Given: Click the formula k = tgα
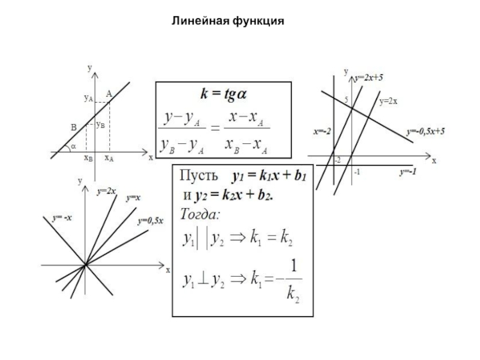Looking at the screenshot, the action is [224, 94].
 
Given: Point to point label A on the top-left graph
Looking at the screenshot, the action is [109, 93].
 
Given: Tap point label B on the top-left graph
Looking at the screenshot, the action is [73, 127].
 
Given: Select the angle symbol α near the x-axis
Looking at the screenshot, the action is [73, 146].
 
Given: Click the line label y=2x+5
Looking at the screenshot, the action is [368, 77].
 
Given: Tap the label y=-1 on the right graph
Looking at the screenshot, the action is [408, 172].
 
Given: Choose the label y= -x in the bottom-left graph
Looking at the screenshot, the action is [62, 218].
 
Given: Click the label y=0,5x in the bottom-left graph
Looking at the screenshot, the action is [151, 221].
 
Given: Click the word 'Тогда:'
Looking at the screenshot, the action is [200, 214].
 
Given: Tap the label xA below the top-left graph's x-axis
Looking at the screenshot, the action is [109, 158].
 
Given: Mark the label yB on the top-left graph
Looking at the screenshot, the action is [101, 125].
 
